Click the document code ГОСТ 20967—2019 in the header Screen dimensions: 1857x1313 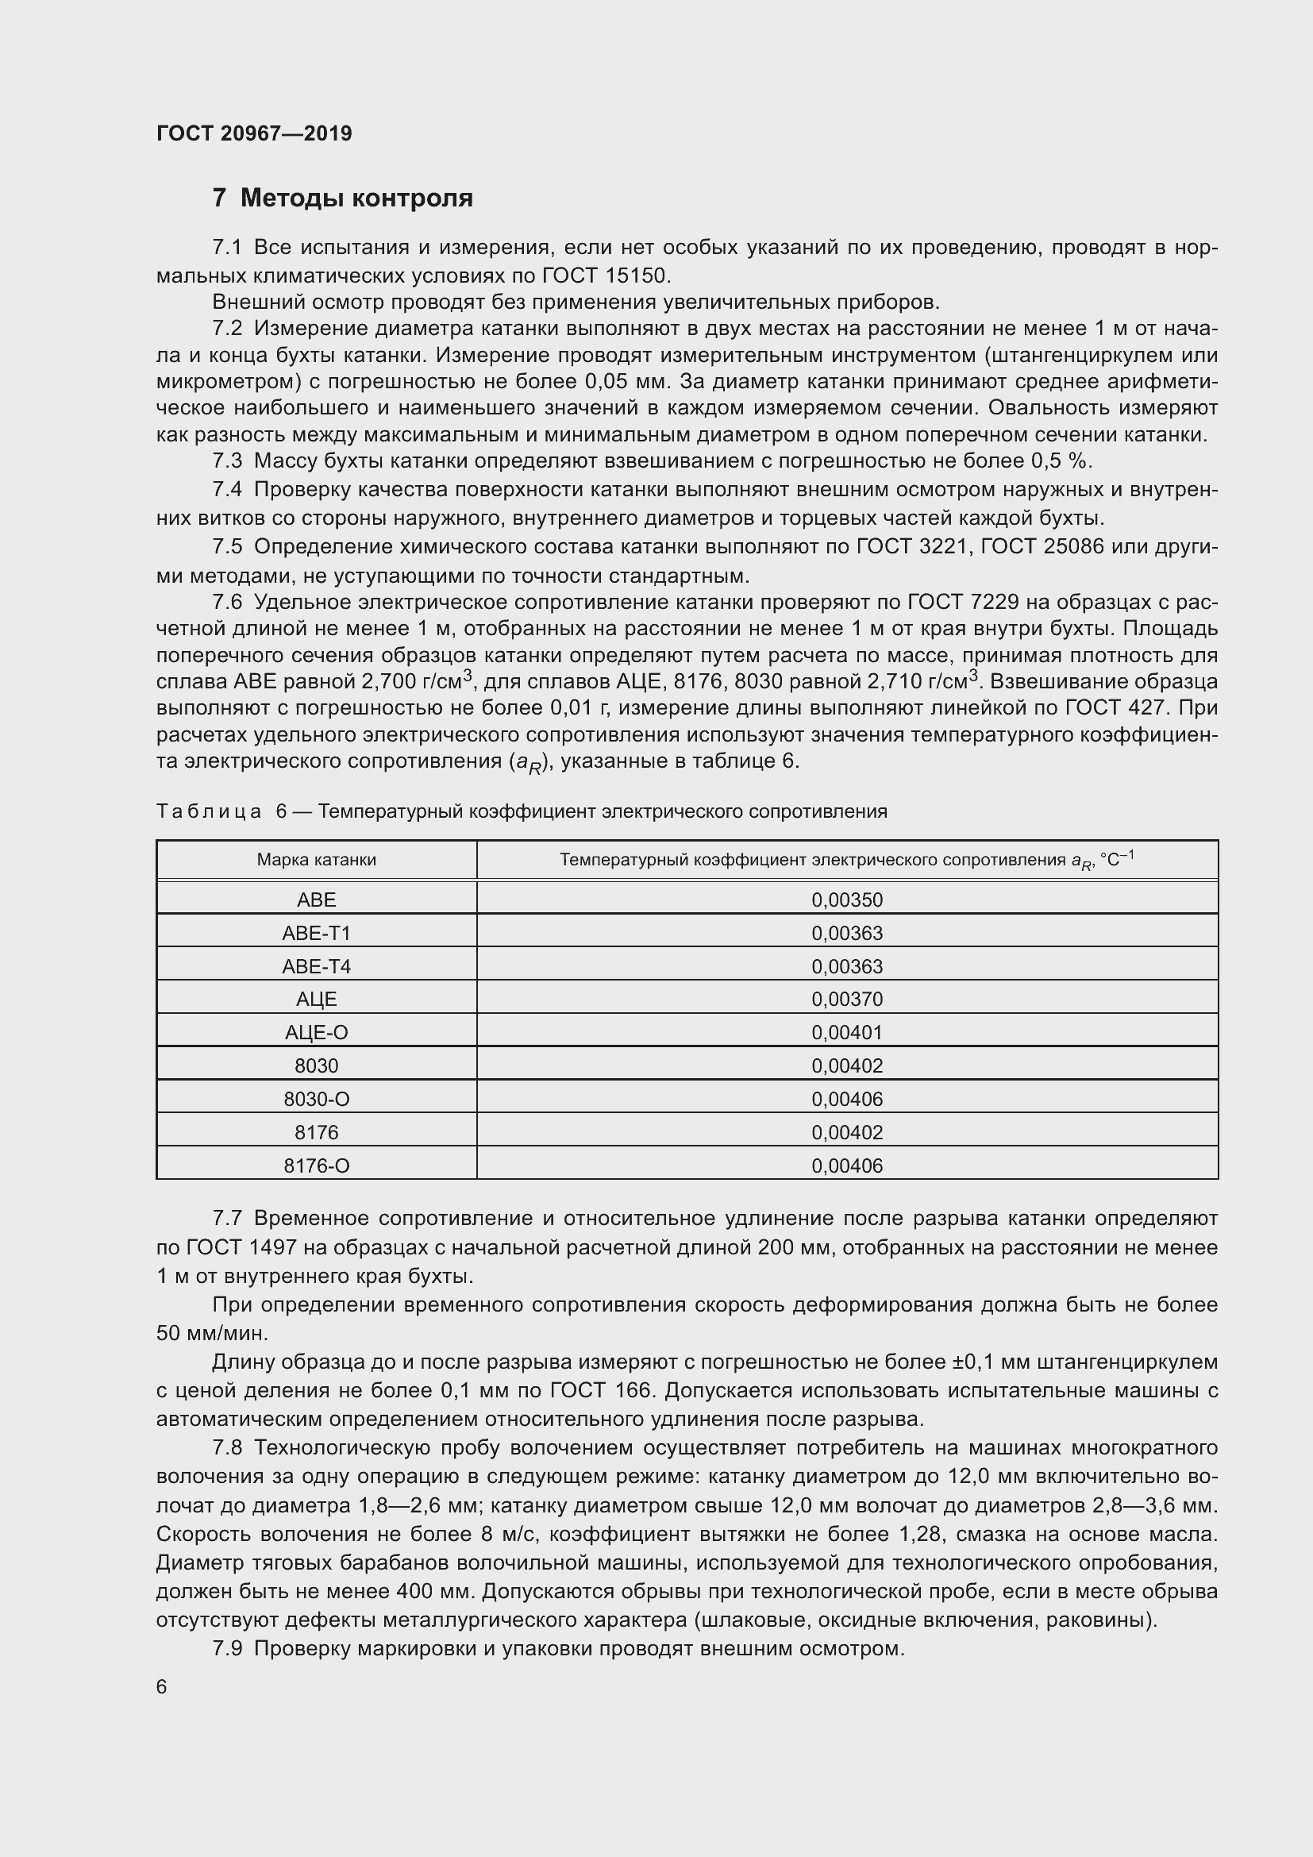pyautogui.click(x=254, y=133)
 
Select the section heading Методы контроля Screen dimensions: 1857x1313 pyautogui.click(x=356, y=198)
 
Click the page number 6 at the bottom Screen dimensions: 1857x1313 pyautogui.click(x=162, y=1686)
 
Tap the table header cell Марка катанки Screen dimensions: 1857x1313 pyautogui.click(x=316, y=860)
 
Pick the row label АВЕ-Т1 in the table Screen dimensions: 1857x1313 pyautogui.click(x=316, y=934)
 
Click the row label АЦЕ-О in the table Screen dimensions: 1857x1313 pyautogui.click(x=316, y=1033)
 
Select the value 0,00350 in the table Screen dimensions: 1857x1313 pyautogui.click(x=846, y=900)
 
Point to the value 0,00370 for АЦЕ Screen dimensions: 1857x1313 pyautogui.click(x=846, y=1000)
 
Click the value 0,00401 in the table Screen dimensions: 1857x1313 pyautogui.click(x=846, y=1033)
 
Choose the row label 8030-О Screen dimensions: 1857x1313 pyautogui.click(x=316, y=1099)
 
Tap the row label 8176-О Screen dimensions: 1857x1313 pyautogui.click(x=316, y=1165)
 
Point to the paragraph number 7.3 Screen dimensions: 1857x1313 pyautogui.click(x=227, y=461)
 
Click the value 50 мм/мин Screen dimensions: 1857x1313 pyautogui.click(x=212, y=1333)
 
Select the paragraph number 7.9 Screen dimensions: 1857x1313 pyautogui.click(x=227, y=1648)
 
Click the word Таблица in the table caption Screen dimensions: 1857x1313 pyautogui.click(x=209, y=811)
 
